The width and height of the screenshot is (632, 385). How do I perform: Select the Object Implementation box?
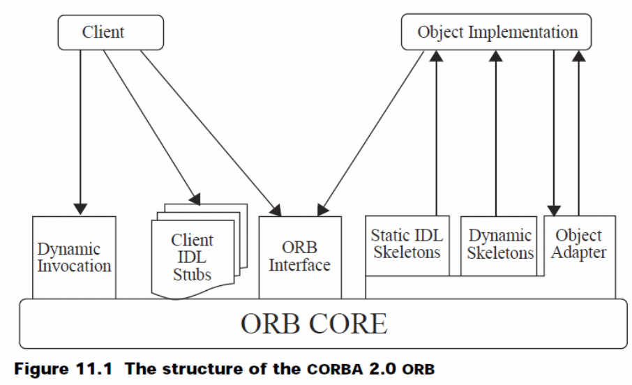pyautogui.click(x=497, y=31)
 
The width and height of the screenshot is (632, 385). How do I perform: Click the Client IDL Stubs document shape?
pyautogui.click(x=192, y=257)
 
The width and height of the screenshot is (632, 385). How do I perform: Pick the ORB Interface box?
pyautogui.click(x=300, y=255)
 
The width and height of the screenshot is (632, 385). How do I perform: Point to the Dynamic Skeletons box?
pyautogui.click(x=499, y=244)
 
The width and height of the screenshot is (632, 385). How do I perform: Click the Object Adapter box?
pyautogui.click(x=579, y=244)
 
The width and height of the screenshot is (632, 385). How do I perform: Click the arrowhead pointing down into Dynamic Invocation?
pyautogui.click(x=81, y=208)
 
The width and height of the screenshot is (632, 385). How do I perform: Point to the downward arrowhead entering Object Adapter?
pyautogui.click(x=555, y=209)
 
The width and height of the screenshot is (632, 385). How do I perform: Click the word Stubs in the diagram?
pyautogui.click(x=192, y=275)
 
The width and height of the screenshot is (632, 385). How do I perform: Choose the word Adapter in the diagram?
pyautogui.click(x=579, y=252)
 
